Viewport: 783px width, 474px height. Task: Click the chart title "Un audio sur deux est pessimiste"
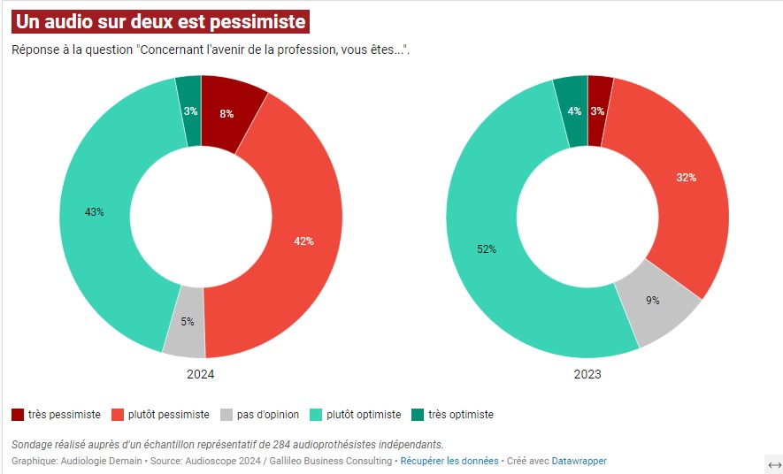[x=160, y=20]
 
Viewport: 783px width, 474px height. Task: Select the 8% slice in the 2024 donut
[x=227, y=113]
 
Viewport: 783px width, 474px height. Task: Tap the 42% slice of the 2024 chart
[x=303, y=241]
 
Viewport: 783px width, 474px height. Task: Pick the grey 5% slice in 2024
[x=188, y=322]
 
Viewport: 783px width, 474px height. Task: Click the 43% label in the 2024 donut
[x=95, y=212]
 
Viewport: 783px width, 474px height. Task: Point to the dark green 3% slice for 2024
[x=190, y=111]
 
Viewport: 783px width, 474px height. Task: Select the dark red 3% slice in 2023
[x=598, y=111]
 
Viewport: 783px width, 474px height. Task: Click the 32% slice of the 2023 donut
[x=686, y=178]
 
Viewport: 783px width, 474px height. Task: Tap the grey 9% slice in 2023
[x=653, y=301]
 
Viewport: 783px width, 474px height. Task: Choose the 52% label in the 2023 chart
[x=487, y=249]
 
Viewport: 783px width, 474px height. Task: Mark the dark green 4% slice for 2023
[x=574, y=111]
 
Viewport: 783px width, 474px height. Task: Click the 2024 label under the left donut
[x=201, y=374]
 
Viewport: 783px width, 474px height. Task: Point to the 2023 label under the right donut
[x=587, y=374]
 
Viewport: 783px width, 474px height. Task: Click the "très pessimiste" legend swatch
[x=18, y=415]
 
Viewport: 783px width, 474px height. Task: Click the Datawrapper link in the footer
[x=580, y=461]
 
